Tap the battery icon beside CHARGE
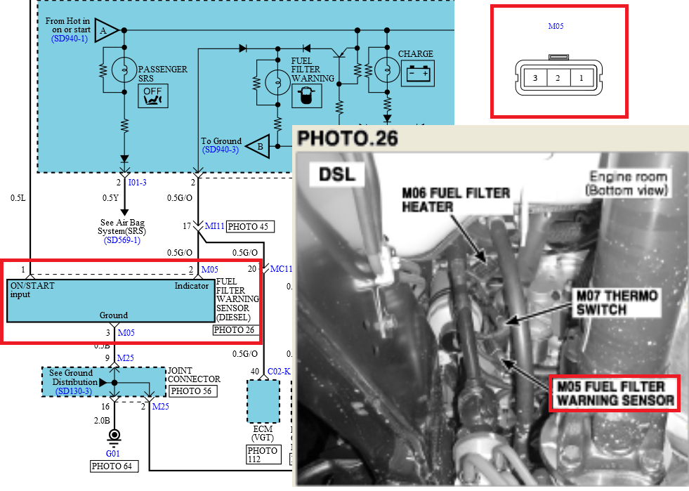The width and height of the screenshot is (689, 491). (418, 72)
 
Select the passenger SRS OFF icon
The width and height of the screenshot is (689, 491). (152, 96)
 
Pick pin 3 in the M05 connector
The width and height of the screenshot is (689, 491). (535, 78)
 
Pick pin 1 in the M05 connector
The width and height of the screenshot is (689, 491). (581, 78)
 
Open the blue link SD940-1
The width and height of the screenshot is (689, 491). (70, 39)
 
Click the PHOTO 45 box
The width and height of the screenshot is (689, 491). (250, 226)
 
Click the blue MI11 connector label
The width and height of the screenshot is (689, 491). (214, 226)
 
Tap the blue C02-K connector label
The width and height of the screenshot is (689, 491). (279, 371)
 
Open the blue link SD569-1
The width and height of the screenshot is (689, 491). (122, 240)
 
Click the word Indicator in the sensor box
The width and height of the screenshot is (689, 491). (192, 286)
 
